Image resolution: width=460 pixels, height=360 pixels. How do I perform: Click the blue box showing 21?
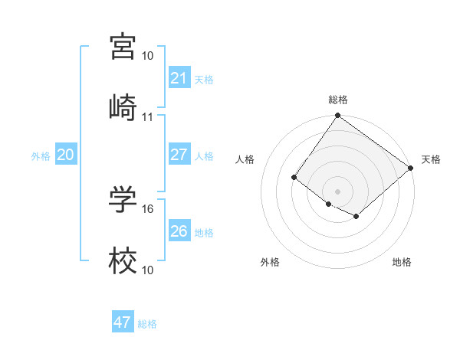click(x=179, y=77)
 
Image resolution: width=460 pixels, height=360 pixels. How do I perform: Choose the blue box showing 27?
click(x=179, y=155)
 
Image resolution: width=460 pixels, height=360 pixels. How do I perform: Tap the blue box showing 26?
click(x=179, y=231)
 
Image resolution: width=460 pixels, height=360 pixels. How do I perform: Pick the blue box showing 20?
click(x=65, y=155)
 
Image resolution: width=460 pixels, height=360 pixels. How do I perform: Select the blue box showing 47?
click(x=123, y=322)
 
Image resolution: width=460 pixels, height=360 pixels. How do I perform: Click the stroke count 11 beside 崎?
click(x=148, y=117)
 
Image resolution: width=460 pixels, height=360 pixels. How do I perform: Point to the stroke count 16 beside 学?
click(x=148, y=208)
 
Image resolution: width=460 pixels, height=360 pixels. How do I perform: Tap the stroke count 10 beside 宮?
click(x=148, y=56)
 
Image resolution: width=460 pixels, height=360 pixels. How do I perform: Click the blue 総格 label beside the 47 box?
click(x=147, y=324)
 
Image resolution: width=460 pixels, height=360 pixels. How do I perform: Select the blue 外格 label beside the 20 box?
click(x=41, y=156)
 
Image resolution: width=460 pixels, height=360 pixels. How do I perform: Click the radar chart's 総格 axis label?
click(x=337, y=100)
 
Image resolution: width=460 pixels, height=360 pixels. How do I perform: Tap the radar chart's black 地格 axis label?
click(x=402, y=262)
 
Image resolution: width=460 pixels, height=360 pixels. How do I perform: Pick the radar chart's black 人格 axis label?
click(x=246, y=159)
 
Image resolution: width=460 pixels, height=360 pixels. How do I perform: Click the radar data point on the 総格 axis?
click(x=337, y=116)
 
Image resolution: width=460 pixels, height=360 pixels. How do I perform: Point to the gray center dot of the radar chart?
click(x=337, y=191)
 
